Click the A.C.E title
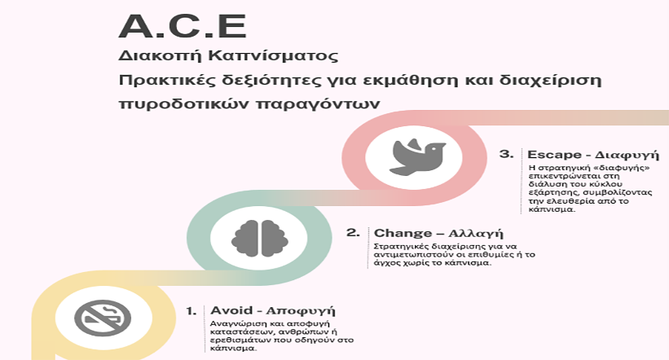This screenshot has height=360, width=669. (183, 26)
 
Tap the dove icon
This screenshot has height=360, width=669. (417, 156)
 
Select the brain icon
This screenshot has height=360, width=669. (260, 238)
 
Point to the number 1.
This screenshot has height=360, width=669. (191, 311)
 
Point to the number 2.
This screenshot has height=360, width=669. (353, 233)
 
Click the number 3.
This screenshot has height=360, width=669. (507, 154)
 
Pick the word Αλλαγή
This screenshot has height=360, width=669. (476, 234)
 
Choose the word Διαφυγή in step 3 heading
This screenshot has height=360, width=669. (627, 155)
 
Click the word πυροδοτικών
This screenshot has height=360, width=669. (183, 104)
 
